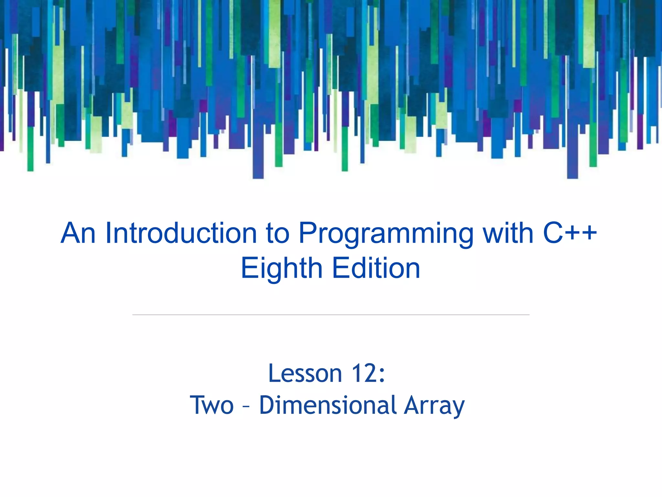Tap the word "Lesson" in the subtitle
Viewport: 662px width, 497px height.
tap(305, 373)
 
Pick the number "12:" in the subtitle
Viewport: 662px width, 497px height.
tap(368, 373)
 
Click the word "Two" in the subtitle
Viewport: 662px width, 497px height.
tap(212, 405)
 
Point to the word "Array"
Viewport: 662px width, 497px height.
tap(434, 406)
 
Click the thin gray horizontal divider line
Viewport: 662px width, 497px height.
tap(331, 315)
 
